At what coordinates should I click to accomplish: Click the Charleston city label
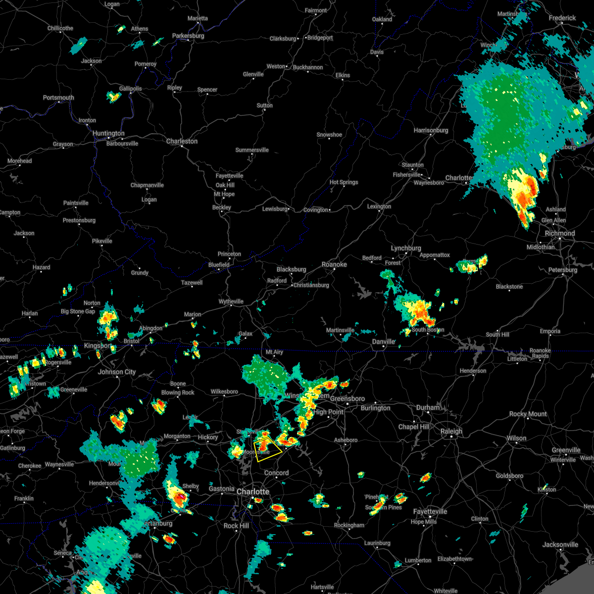pyautogui.click(x=182, y=141)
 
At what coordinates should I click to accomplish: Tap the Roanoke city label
pyautogui.click(x=334, y=264)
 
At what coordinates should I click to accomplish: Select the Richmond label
pyautogui.click(x=560, y=233)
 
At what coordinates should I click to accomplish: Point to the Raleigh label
pyautogui.click(x=451, y=431)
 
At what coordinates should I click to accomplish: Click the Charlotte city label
pyautogui.click(x=253, y=492)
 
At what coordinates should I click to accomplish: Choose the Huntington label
pyautogui.click(x=108, y=133)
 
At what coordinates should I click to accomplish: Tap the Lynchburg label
pyautogui.click(x=406, y=248)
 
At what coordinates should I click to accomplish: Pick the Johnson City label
pyautogui.click(x=117, y=372)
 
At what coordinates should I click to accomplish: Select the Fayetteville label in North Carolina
pyautogui.click(x=430, y=511)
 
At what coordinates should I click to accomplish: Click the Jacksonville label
pyautogui.click(x=560, y=544)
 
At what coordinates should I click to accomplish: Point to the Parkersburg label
pyautogui.click(x=188, y=36)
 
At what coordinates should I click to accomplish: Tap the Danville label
pyautogui.click(x=384, y=342)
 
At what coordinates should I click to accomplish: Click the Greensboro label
pyautogui.click(x=347, y=398)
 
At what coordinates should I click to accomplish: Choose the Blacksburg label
pyautogui.click(x=291, y=269)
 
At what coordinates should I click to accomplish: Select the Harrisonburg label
pyautogui.click(x=431, y=130)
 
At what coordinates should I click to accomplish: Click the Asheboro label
pyautogui.click(x=346, y=440)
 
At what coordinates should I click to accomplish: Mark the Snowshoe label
pyautogui.click(x=329, y=135)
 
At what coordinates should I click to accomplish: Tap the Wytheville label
pyautogui.click(x=231, y=301)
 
